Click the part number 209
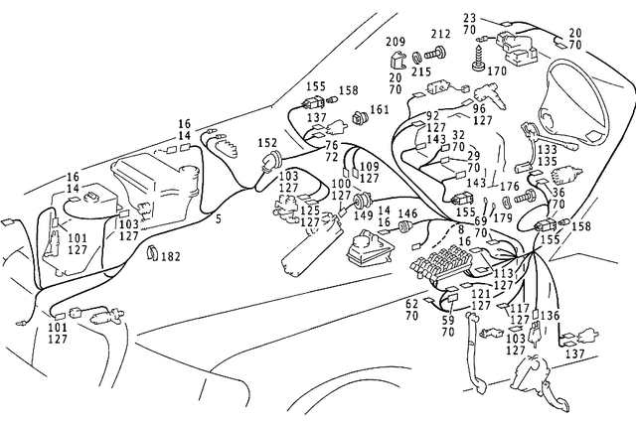click(x=395, y=43)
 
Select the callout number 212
click(x=439, y=34)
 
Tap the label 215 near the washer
click(x=421, y=72)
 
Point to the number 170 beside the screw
click(x=496, y=71)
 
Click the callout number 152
click(x=268, y=143)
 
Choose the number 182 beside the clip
click(x=171, y=257)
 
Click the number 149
click(x=366, y=214)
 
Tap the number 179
click(x=504, y=218)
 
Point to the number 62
click(x=411, y=304)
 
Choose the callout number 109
click(x=369, y=167)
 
